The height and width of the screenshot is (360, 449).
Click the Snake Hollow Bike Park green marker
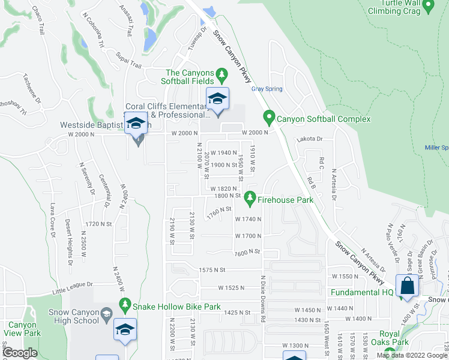(125, 305)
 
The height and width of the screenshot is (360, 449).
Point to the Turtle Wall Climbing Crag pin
(429, 7)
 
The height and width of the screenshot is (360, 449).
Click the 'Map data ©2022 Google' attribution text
(412, 355)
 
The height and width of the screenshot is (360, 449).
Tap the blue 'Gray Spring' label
(267, 89)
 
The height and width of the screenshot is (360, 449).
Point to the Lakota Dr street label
(309, 139)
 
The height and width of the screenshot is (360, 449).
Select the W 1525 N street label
(231, 287)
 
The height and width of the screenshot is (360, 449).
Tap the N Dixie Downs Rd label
(263, 299)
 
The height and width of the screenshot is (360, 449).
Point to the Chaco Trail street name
(38, 20)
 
